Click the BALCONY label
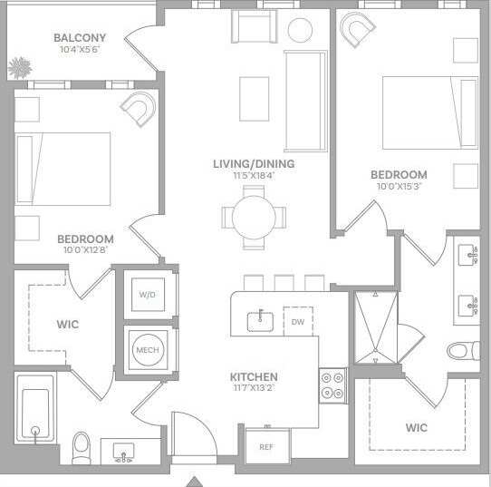click(79, 38)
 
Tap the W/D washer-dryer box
click(147, 294)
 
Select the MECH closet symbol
click(147, 349)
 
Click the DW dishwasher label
click(297, 321)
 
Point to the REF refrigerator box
click(265, 446)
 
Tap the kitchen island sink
click(263, 318)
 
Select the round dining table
click(254, 217)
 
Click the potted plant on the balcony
click(18, 67)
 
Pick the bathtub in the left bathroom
click(35, 415)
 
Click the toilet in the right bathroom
click(462, 349)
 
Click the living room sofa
click(305, 102)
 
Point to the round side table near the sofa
click(300, 29)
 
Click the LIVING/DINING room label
click(254, 164)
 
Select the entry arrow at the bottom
click(193, 481)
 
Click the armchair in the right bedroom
click(359, 34)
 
